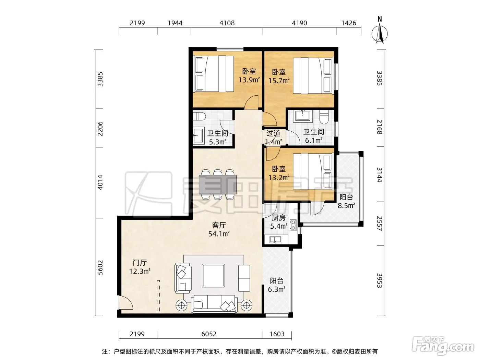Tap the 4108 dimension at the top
pyautogui.click(x=227, y=23)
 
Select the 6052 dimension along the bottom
pyautogui.click(x=209, y=334)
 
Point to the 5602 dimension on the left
pyautogui.click(x=100, y=267)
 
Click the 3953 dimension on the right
pyautogui.click(x=380, y=281)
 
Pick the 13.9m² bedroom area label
pyautogui.click(x=249, y=80)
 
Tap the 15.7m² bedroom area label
pyautogui.click(x=279, y=81)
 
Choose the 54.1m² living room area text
pyautogui.click(x=219, y=234)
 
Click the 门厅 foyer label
pyautogui.click(x=140, y=263)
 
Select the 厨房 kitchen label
pyautogui.click(x=279, y=218)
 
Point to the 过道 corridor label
pyautogui.click(x=273, y=133)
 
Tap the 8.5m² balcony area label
pyautogui.click(x=346, y=206)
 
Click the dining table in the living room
pyautogui.click(x=218, y=184)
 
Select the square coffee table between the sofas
pyautogui.click(x=214, y=275)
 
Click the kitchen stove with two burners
pyautogui.click(x=293, y=225)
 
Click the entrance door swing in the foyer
pyautogui.click(x=125, y=302)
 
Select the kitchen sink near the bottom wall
pyautogui.click(x=275, y=240)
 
